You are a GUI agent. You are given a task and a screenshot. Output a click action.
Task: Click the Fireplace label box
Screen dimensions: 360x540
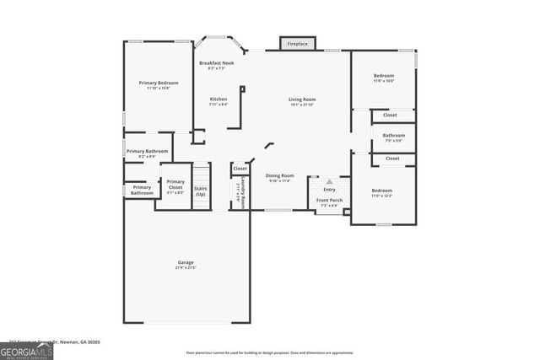pyautogui.click(x=297, y=43)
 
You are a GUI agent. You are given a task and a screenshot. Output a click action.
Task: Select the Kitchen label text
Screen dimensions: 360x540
pyautogui.click(x=219, y=101)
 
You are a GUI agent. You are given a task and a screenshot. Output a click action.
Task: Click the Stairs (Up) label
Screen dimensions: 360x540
pyautogui.click(x=201, y=191)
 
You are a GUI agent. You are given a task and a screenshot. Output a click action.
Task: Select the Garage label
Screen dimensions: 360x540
pyautogui.click(x=186, y=265)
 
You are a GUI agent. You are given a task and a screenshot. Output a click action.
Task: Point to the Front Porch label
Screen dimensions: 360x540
pyautogui.click(x=327, y=202)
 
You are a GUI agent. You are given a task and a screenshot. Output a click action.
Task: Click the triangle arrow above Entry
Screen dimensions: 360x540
pyautogui.click(x=329, y=180)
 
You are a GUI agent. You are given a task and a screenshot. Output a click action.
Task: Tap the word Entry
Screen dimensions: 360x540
pyautogui.click(x=329, y=189)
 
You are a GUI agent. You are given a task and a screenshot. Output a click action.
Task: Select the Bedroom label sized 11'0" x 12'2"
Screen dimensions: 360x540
pyautogui.click(x=382, y=193)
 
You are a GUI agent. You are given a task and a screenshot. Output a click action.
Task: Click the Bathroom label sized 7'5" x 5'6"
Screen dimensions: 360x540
pyautogui.click(x=393, y=137)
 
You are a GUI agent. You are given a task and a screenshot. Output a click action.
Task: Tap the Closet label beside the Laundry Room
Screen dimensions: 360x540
pyautogui.click(x=240, y=169)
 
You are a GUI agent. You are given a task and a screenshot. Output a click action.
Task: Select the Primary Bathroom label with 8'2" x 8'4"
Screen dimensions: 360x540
pyautogui.click(x=148, y=153)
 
